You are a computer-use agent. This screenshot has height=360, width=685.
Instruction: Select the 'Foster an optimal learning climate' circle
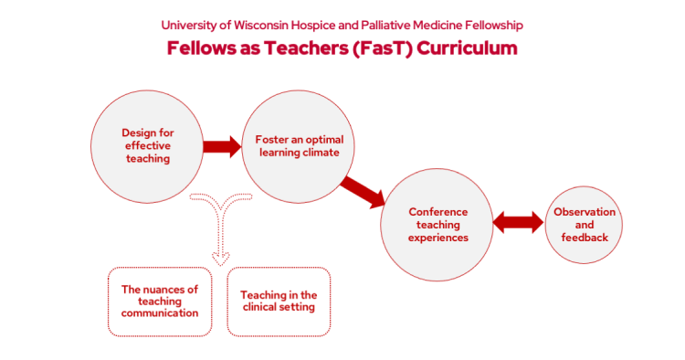click(298, 146)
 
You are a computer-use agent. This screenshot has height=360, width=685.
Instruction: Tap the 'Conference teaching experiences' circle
click(437, 224)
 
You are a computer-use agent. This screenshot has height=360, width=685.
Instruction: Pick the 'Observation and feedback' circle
click(585, 224)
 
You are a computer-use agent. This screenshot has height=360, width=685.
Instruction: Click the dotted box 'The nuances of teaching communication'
click(160, 301)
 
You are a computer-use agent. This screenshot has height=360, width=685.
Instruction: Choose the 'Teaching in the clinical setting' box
click(279, 301)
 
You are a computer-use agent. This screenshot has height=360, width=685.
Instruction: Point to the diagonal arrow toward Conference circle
click(364, 191)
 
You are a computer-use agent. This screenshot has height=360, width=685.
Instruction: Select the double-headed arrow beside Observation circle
click(518, 222)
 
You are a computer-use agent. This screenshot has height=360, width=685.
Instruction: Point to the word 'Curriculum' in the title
click(466, 48)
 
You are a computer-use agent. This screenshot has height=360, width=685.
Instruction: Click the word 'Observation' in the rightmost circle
click(585, 212)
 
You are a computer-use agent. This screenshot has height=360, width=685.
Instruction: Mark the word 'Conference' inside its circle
click(437, 212)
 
